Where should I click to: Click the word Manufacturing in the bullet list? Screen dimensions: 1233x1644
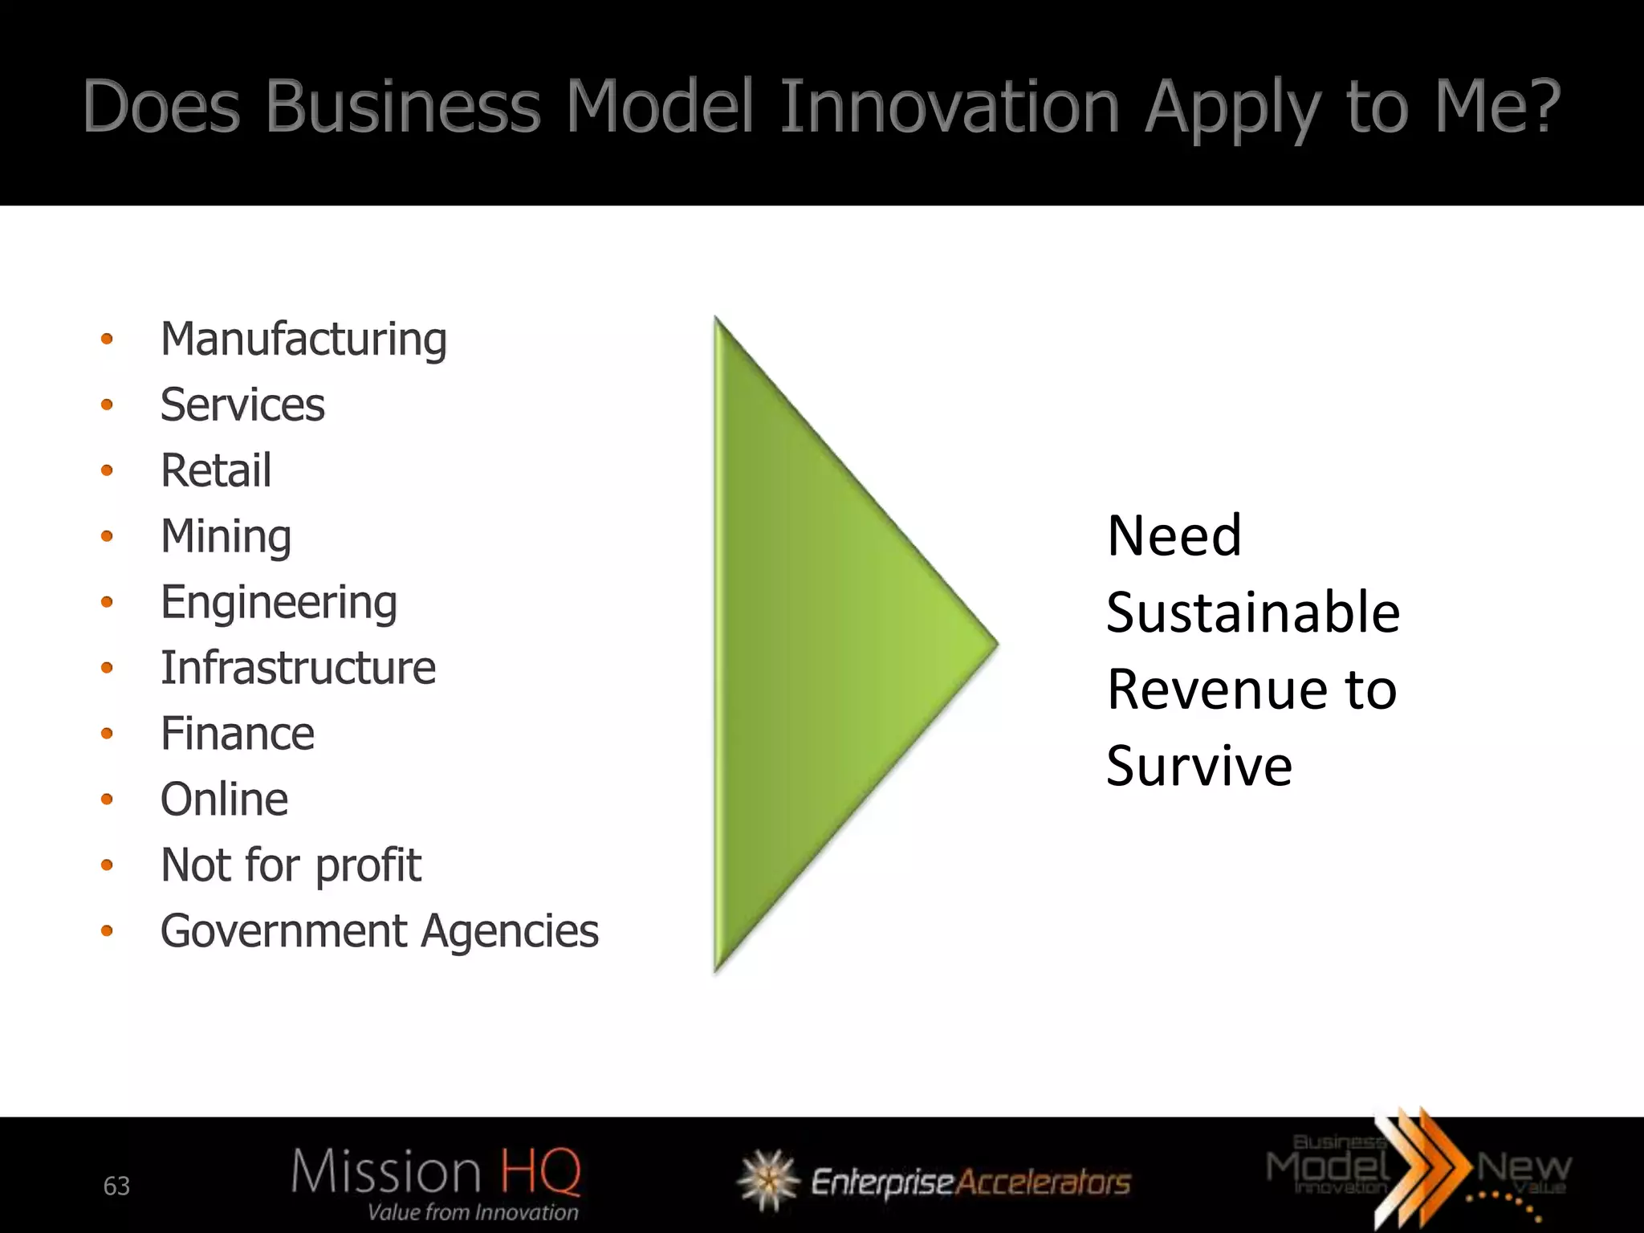coord(303,340)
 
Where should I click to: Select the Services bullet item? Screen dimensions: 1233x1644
coord(242,405)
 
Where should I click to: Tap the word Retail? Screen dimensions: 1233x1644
coord(216,470)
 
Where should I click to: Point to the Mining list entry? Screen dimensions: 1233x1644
coord(226,536)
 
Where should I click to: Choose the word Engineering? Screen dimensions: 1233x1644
coord(279,602)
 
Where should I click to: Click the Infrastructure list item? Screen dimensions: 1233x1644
coord(298,668)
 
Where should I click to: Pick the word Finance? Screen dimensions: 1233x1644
coord(238,734)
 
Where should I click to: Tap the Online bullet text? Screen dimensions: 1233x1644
coord(224,800)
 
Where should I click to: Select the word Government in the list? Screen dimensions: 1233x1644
coord(283,931)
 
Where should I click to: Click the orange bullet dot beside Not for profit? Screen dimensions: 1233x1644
coord(107,865)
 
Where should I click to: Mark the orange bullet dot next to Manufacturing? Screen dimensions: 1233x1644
coord(107,340)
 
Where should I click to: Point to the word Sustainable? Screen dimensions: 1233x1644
coord(1252,612)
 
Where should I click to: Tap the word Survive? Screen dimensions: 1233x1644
coord(1199,766)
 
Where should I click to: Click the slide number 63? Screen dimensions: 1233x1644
coord(116,1186)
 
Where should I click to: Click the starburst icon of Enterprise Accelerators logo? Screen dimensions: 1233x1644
coord(768,1180)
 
